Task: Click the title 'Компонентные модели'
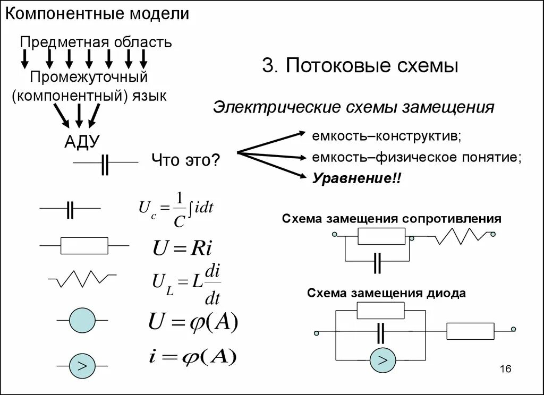[97, 14]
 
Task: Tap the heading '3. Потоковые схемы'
[360, 66]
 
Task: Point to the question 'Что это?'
[185, 160]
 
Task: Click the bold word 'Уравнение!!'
[357, 178]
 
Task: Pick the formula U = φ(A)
[193, 321]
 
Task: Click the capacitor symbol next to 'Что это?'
[106, 165]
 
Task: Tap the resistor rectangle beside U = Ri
[84, 246]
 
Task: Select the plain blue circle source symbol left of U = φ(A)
[82, 320]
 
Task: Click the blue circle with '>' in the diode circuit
[382, 361]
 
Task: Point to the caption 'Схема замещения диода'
[386, 293]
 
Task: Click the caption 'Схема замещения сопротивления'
[392, 219]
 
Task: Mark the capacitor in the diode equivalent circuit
[381, 333]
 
